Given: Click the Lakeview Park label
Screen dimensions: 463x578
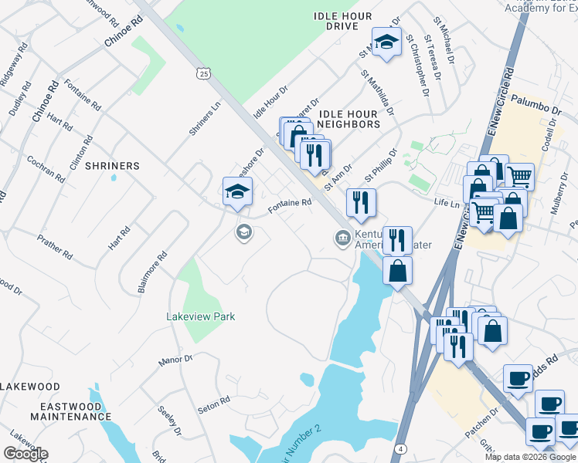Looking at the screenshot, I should (x=200, y=316).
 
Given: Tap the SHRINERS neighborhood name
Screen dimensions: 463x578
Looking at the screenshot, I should (x=112, y=166).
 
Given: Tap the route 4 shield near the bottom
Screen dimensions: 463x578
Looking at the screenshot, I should (x=400, y=448).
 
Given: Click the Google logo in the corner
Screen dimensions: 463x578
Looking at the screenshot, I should (x=25, y=454).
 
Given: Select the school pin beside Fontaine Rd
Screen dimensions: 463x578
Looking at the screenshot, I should (x=237, y=193).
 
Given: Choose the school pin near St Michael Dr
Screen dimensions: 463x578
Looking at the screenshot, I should (x=386, y=43).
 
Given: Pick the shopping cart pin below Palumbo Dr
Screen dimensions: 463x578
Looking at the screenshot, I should (x=519, y=177).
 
